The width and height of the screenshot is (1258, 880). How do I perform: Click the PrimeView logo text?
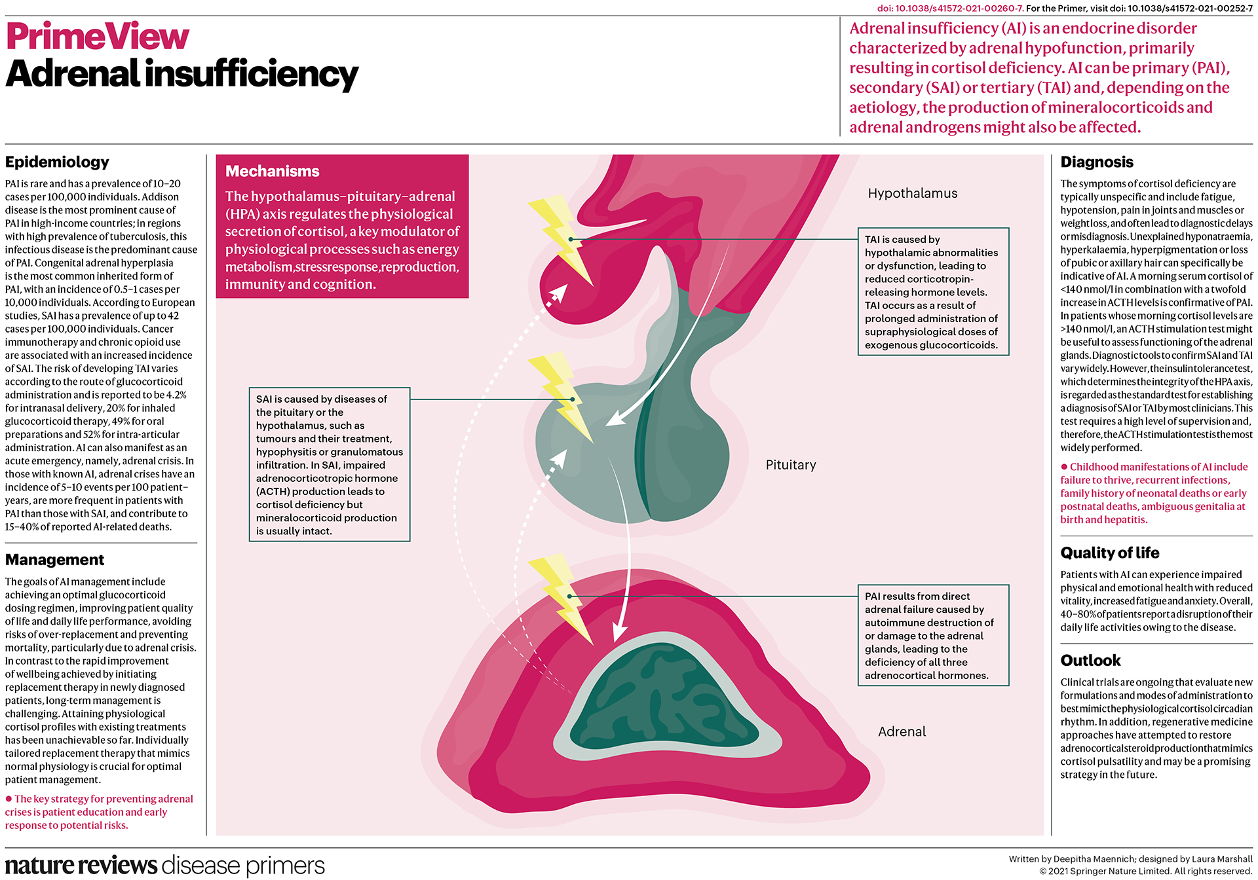(x=98, y=37)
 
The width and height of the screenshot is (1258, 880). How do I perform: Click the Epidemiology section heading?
(x=57, y=162)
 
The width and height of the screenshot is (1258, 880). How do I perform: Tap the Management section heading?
(x=54, y=560)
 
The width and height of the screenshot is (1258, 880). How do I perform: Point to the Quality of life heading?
(x=1109, y=553)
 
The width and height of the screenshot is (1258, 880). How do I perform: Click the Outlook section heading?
(x=1090, y=660)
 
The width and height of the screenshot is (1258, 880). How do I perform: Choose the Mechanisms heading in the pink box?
(x=272, y=172)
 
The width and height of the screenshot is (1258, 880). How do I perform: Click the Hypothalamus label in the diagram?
(x=912, y=193)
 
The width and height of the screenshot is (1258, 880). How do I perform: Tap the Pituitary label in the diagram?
(x=791, y=465)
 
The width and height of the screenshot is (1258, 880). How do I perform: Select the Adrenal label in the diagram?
(x=902, y=731)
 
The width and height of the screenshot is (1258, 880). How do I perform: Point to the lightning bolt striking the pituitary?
(x=560, y=396)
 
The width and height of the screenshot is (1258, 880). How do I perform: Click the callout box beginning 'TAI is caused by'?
(x=933, y=291)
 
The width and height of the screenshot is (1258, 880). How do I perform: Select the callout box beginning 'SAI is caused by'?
(x=329, y=464)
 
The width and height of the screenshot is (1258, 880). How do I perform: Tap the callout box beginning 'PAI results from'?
(x=933, y=635)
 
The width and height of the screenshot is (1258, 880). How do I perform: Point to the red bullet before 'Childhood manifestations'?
(x=1064, y=467)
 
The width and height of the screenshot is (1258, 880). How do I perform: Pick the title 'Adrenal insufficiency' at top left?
(x=181, y=73)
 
